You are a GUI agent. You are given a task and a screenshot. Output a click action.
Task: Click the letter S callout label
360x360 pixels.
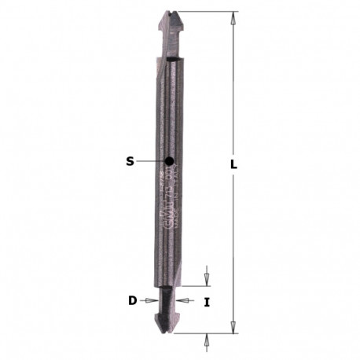[x=130, y=163]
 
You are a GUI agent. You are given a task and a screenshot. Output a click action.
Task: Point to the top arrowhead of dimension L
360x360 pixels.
[x=233, y=16]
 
